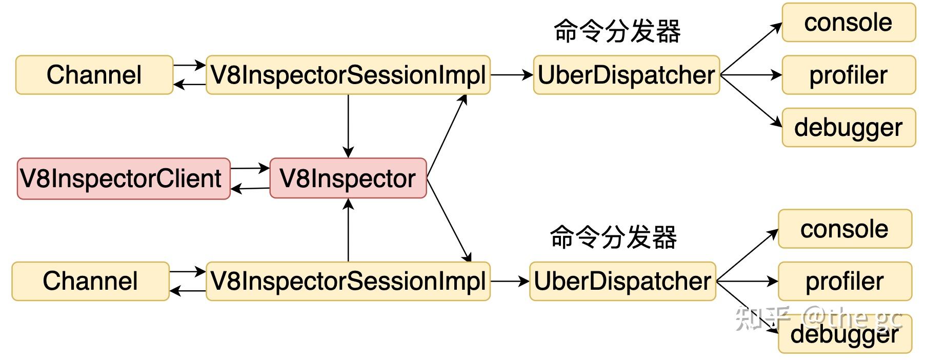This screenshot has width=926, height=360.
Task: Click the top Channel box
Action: (x=94, y=75)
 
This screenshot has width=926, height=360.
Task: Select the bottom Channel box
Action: (x=90, y=281)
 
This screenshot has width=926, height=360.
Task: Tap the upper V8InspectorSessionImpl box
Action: (x=348, y=75)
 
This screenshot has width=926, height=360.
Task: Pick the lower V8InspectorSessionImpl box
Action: (x=348, y=281)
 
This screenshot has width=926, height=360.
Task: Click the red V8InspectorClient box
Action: (x=123, y=178)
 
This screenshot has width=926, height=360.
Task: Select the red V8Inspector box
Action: (x=348, y=178)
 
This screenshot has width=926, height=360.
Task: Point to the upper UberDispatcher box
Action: (x=626, y=75)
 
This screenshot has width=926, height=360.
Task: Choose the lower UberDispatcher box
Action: (x=622, y=281)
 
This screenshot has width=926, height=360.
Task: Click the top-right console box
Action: (x=848, y=23)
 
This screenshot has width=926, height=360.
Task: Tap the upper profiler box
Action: (x=848, y=75)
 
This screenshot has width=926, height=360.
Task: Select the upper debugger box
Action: (x=848, y=127)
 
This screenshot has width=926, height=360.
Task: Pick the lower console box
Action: (x=844, y=229)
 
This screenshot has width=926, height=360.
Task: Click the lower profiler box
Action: (x=844, y=281)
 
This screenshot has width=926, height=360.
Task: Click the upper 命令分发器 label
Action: (x=617, y=31)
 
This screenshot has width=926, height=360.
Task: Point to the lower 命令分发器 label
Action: (x=613, y=237)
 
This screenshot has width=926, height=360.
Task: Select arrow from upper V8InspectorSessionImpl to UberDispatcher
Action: (x=511, y=75)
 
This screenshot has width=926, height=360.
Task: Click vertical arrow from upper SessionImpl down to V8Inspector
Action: (x=348, y=126)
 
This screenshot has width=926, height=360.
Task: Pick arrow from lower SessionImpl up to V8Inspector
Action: (x=348, y=231)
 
